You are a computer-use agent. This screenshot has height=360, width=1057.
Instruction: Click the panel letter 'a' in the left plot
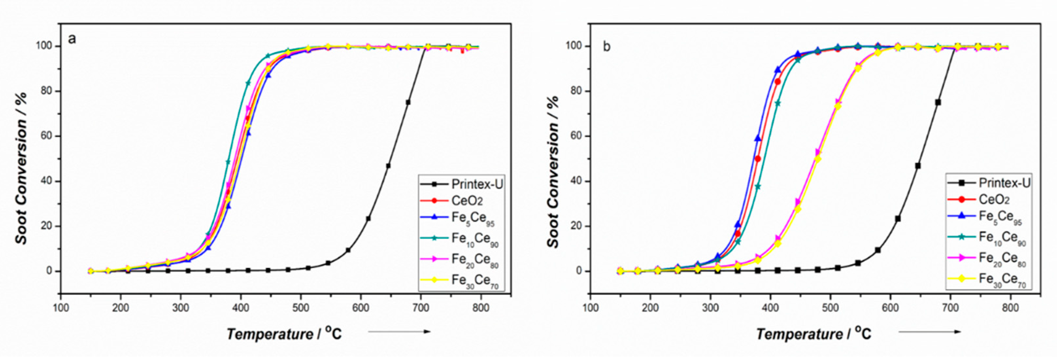pos(72,40)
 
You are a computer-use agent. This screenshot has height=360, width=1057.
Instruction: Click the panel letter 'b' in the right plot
pos(607,47)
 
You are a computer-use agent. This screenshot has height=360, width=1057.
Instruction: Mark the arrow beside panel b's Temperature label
pos(930,332)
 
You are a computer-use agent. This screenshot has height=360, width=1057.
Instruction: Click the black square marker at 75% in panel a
pos(408,102)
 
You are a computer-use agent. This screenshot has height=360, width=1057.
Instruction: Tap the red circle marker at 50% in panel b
pos(758,159)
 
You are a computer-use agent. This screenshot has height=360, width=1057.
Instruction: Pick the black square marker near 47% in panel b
pos(917,166)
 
